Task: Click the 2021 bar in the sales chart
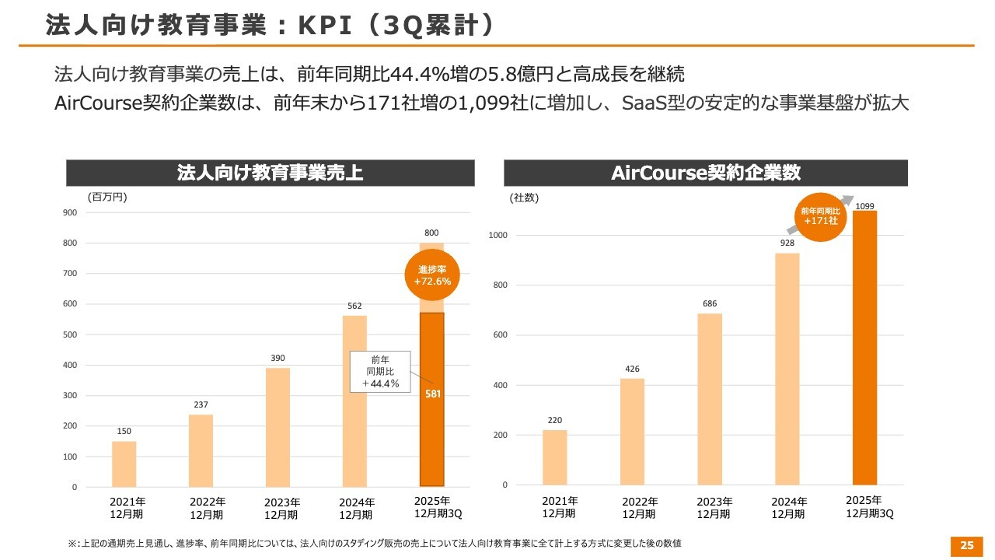pos(124,464)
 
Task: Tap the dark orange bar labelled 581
pos(431,420)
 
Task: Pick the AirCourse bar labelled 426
pos(632,431)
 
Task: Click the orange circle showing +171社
pos(820,215)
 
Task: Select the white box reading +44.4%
pos(380,371)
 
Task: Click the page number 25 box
pos(967,545)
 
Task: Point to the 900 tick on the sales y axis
pos(69,212)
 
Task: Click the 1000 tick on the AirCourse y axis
pos(498,235)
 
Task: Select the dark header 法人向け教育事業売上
pos(270,173)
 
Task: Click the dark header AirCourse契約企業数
pos(706,173)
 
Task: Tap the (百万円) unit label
pos(106,197)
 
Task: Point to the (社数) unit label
pos(525,198)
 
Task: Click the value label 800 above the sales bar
pos(431,233)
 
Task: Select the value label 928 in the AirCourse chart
pos(787,243)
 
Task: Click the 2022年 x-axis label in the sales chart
pos(207,508)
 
